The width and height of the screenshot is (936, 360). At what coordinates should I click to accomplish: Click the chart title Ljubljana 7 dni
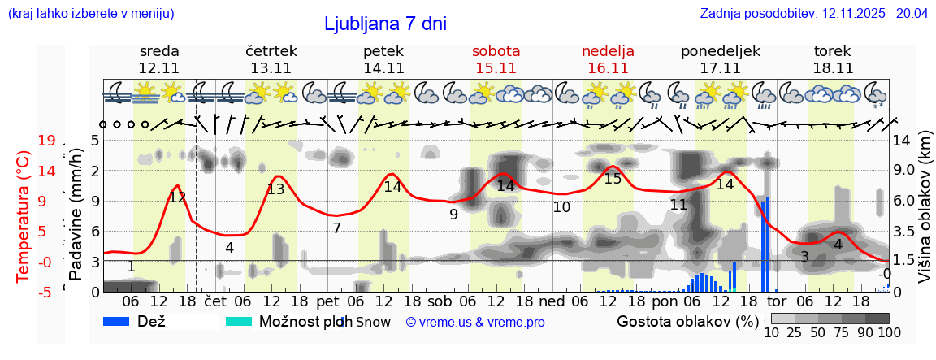[x=385, y=24]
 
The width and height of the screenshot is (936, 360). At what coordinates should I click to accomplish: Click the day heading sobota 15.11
[x=496, y=59]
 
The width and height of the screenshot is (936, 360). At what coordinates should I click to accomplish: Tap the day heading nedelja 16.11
[x=608, y=59]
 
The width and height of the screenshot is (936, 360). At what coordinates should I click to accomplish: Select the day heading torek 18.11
[x=833, y=59]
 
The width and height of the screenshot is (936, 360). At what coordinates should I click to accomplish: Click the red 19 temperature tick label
[x=45, y=141]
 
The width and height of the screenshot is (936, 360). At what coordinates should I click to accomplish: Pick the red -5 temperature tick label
[x=45, y=292]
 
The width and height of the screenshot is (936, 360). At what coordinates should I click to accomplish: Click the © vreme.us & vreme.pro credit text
[x=475, y=322]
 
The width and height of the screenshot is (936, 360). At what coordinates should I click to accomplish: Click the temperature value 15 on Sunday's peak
[x=613, y=179]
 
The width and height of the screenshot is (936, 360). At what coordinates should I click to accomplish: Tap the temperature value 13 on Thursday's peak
[x=275, y=189]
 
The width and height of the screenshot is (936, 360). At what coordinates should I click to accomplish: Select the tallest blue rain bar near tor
[x=767, y=244]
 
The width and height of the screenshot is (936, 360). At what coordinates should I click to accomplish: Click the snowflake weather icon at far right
[x=876, y=94]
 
